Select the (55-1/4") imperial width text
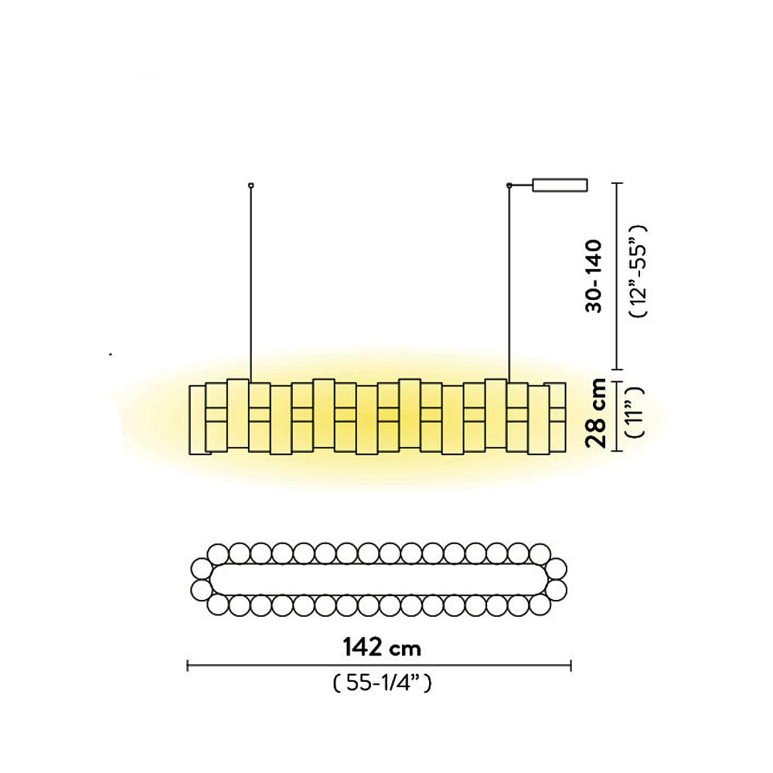click(380, 683)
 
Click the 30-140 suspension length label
click(594, 275)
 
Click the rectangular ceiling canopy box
click(560, 185)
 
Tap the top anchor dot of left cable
click(250, 185)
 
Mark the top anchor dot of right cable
click(509, 185)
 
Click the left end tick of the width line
click(188, 665)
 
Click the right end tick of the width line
click(570, 665)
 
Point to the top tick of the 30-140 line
click(615, 183)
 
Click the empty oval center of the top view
click(379, 580)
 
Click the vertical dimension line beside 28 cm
click(615, 416)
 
